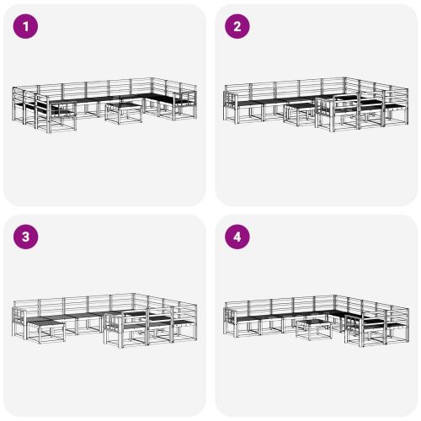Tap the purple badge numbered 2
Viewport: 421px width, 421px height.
coord(237,26)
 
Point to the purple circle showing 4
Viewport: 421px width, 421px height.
coord(237,237)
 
